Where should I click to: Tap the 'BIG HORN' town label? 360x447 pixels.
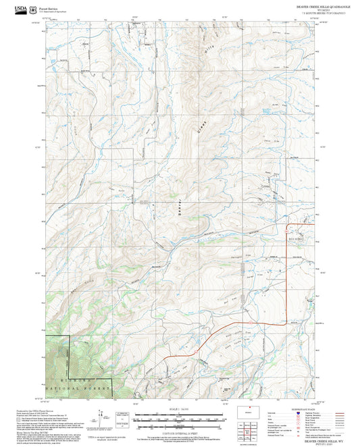click(297, 238)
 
